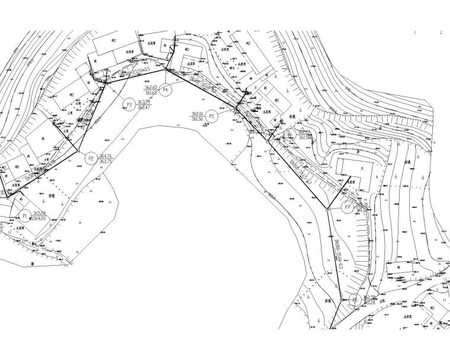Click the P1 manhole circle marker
(24, 216)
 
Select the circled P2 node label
(91, 158)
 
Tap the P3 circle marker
(128, 104)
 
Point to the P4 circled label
(166, 90)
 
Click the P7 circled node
(348, 207)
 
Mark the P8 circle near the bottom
(355, 300)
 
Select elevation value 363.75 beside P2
(107, 162)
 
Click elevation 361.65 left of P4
(151, 94)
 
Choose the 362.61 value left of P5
(197, 113)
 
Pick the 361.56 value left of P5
(197, 119)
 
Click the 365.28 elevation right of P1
(39, 213)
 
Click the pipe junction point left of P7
(327, 208)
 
